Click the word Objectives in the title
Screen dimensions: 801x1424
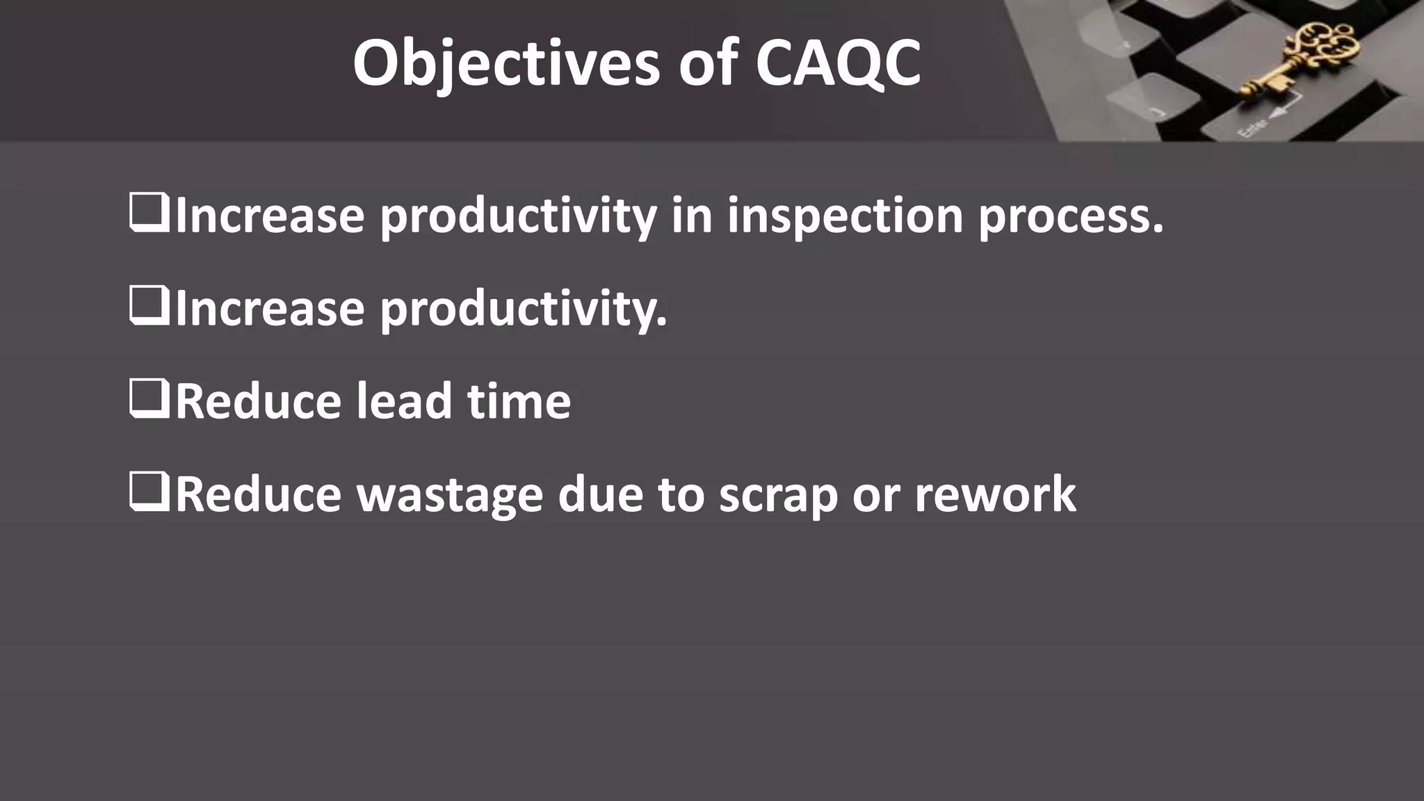506,64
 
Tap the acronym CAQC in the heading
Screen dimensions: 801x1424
838,64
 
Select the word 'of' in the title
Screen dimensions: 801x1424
708,64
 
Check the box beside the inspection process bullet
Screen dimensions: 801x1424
149,213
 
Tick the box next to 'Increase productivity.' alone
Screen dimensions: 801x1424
149,306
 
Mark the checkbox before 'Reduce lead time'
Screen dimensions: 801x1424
149,399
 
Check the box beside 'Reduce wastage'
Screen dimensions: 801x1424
149,492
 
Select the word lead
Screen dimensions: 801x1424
404,402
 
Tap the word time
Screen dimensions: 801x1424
519,402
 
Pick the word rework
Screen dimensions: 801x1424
995,495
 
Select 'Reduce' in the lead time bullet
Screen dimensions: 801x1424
258,402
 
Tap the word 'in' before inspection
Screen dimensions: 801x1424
692,216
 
